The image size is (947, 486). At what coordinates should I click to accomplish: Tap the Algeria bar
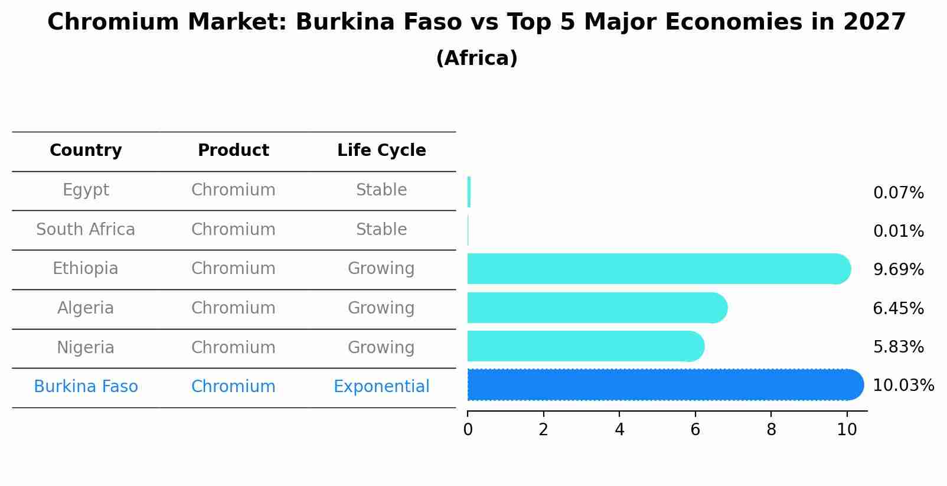pyautogui.click(x=597, y=308)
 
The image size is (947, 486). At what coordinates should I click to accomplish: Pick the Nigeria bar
pyautogui.click(x=585, y=347)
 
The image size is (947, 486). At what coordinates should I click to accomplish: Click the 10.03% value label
pyautogui.click(x=903, y=386)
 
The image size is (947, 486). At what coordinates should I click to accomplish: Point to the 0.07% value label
pyautogui.click(x=898, y=193)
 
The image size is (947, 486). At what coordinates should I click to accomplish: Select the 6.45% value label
pyautogui.click(x=898, y=308)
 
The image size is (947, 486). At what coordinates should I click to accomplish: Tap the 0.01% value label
pyautogui.click(x=898, y=231)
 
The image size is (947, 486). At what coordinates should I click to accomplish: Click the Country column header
pyautogui.click(x=86, y=151)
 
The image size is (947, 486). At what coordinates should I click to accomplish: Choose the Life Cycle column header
pyautogui.click(x=381, y=151)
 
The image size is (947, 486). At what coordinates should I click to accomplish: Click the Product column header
pyautogui.click(x=233, y=151)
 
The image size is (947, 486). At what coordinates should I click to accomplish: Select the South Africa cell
pyautogui.click(x=86, y=229)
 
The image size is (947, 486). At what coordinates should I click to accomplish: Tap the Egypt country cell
pyautogui.click(x=86, y=190)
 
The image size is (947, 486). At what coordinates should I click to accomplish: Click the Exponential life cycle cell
pyautogui.click(x=381, y=387)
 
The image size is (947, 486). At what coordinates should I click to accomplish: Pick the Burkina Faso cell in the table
pyautogui.click(x=86, y=387)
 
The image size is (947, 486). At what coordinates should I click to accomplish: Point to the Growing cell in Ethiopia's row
pyautogui.click(x=381, y=269)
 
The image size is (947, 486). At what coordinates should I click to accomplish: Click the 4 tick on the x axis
pyautogui.click(x=619, y=430)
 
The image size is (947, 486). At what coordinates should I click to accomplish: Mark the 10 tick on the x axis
pyautogui.click(x=847, y=430)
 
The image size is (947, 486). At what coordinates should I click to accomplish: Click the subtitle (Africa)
pyautogui.click(x=476, y=58)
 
